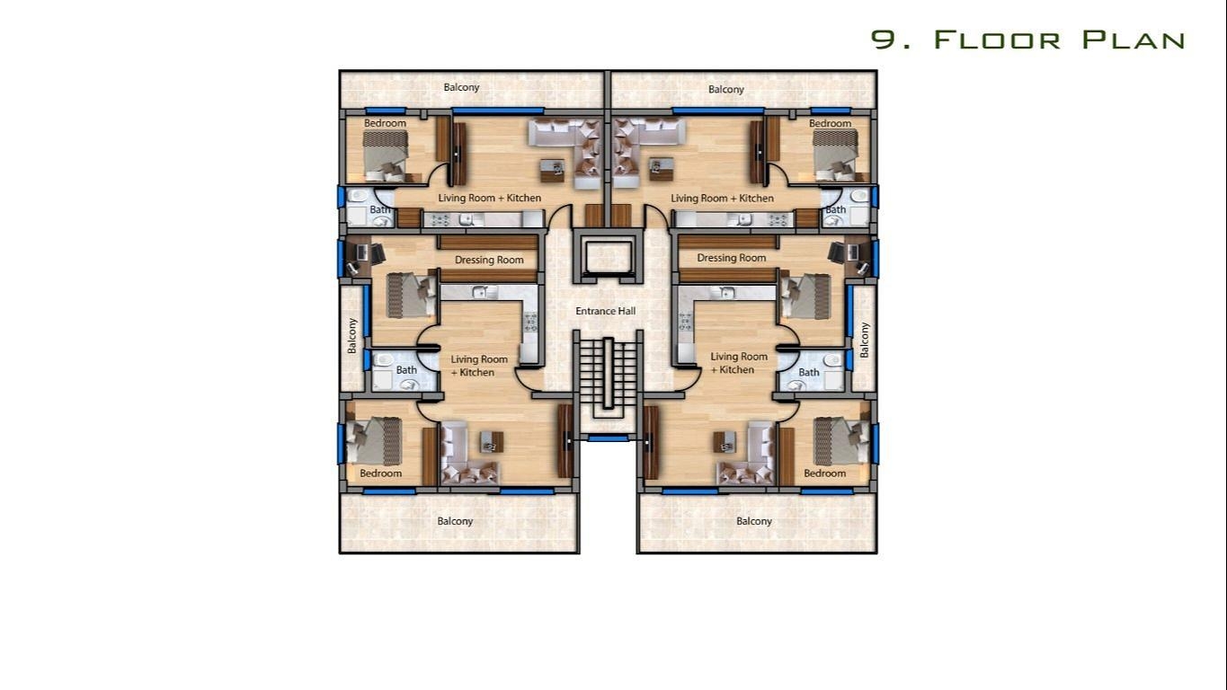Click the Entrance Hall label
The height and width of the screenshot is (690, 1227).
[606, 311]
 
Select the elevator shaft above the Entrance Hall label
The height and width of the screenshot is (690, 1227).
[608, 254]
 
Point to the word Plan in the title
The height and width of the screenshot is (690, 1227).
[1134, 40]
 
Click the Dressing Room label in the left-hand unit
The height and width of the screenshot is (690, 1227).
[489, 260]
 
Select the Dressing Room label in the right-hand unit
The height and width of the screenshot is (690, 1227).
[732, 258]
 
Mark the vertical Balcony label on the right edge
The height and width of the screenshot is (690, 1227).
[865, 340]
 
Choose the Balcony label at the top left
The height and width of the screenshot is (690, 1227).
[462, 87]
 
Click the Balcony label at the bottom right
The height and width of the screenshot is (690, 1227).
[754, 521]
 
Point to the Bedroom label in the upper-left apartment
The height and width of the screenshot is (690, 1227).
[385, 123]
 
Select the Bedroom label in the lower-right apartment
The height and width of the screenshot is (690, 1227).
[825, 473]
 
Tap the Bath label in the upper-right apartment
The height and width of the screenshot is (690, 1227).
[836, 210]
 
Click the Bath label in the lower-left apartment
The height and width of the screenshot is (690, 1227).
[406, 369]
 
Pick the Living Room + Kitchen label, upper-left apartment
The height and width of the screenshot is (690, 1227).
[490, 198]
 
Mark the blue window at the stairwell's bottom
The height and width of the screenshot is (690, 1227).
[608, 438]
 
